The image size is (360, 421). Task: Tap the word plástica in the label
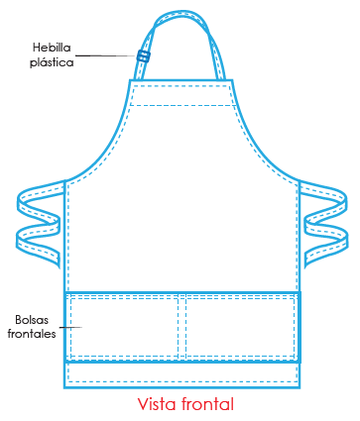pos(53,61)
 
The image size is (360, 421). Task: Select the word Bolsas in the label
pos(34,320)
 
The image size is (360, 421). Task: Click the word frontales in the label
pos(34,334)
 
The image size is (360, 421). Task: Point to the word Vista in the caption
pos(159,404)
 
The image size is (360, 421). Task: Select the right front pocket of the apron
pos(239,326)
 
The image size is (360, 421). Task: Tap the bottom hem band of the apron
pos(181,373)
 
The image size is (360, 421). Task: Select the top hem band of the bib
pos(181,92)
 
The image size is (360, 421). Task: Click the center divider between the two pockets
pos(181,326)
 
